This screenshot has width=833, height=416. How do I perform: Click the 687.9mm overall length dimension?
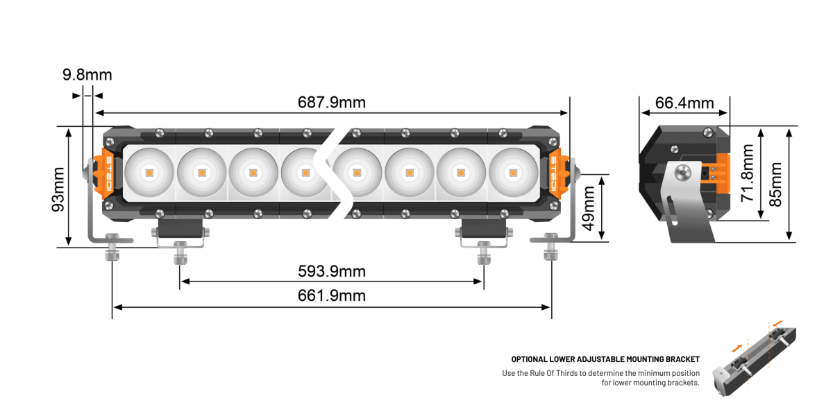click(x=332, y=103)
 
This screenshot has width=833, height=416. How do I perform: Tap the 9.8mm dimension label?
click(x=87, y=75)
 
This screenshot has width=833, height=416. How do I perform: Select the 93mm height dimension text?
click(x=58, y=189)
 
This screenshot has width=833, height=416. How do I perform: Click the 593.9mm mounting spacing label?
click(x=332, y=271)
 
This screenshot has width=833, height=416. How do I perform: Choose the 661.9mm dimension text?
click(x=332, y=296)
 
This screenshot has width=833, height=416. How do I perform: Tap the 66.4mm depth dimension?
click(x=684, y=103)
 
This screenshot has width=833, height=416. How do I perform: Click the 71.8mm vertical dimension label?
click(x=748, y=173)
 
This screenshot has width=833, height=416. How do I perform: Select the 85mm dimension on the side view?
click(x=776, y=184)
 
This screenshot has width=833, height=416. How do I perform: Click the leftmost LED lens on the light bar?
click(x=149, y=171)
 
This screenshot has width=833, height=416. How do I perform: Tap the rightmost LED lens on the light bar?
click(x=513, y=171)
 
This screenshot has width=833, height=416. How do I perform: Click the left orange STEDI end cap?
click(x=110, y=171)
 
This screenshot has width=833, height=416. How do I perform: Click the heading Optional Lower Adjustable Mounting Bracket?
click(x=605, y=359)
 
